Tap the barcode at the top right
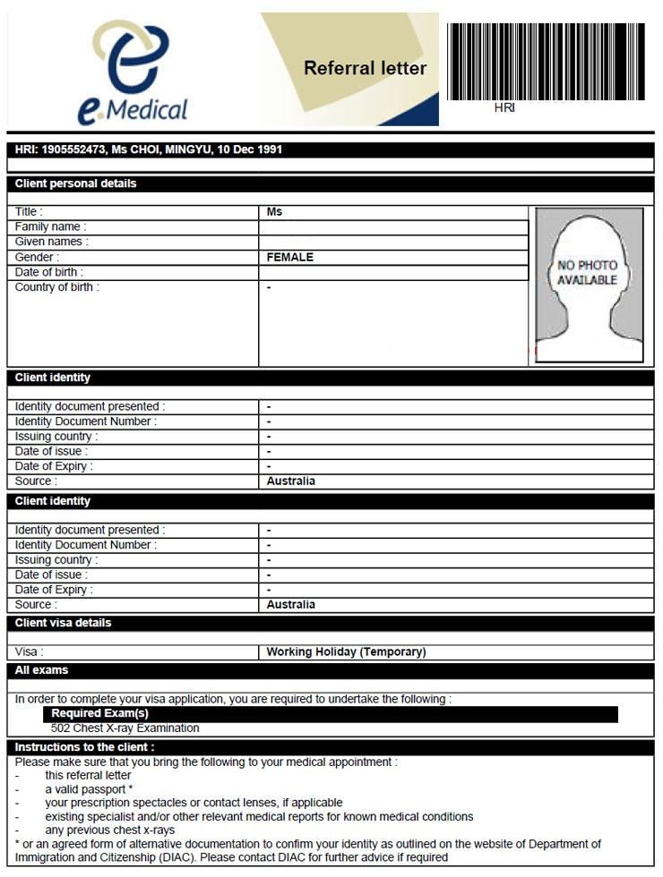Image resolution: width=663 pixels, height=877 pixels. (545, 61)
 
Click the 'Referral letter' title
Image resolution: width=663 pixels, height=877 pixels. (365, 68)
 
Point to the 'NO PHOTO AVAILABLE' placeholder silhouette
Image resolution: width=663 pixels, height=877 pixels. (589, 285)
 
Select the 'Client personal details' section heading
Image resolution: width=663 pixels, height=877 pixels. (76, 183)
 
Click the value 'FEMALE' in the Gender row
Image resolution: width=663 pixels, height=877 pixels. (290, 258)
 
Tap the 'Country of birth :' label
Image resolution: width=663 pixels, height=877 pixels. (57, 287)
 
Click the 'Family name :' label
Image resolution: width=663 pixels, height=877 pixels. (51, 227)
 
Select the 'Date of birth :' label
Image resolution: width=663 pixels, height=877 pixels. (49, 272)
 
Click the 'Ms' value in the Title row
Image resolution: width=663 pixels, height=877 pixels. (274, 212)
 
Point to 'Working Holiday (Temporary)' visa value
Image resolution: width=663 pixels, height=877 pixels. (346, 652)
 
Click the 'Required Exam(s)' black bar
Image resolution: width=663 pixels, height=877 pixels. (99, 714)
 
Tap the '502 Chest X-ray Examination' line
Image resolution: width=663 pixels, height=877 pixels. (125, 728)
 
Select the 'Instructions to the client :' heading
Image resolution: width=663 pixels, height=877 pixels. (85, 747)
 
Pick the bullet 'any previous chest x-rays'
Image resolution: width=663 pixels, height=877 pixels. (110, 830)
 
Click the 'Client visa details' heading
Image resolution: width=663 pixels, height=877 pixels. (64, 623)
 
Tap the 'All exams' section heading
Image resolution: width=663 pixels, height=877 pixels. (42, 670)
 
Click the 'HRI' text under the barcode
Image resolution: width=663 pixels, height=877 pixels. (505, 108)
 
